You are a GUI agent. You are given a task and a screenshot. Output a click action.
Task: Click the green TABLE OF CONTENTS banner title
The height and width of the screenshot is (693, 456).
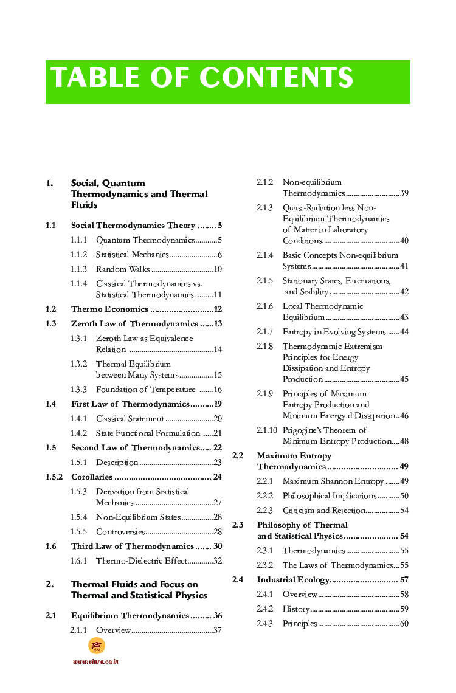coord(202,78)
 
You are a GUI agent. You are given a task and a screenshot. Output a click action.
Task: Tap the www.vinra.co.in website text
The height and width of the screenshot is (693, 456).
coord(95,661)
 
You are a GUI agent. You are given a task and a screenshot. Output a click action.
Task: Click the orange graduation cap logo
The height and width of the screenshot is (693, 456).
coord(96,646)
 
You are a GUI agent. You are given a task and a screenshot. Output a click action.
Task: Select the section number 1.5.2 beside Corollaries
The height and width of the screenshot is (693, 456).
coord(54,477)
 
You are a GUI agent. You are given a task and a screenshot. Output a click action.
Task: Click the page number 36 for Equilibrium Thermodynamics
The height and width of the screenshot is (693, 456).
coord(217,616)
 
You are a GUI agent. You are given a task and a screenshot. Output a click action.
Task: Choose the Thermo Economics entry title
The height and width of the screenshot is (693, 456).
coord(109,309)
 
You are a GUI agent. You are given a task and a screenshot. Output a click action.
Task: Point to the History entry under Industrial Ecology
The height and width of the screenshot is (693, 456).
coord(296,609)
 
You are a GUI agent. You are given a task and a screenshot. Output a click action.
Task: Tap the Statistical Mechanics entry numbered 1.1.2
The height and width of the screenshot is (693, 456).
coord(131,255)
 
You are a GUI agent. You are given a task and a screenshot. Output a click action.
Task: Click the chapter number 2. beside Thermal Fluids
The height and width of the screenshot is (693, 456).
coord(50,584)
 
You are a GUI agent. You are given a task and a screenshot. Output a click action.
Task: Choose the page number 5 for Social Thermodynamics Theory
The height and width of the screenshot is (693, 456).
coord(219,226)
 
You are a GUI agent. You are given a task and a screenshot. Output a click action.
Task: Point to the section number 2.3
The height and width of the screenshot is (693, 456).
coord(238,525)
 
